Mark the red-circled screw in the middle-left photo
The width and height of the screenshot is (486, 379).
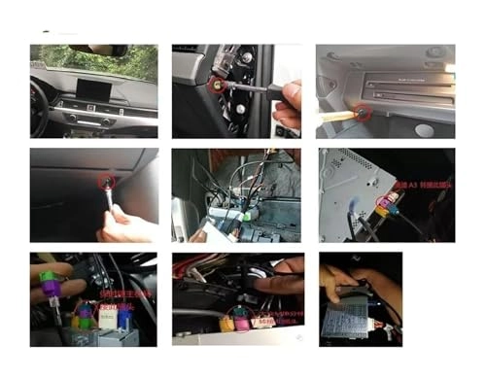tap(104, 182)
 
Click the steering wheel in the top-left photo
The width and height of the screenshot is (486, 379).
tap(38, 104)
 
